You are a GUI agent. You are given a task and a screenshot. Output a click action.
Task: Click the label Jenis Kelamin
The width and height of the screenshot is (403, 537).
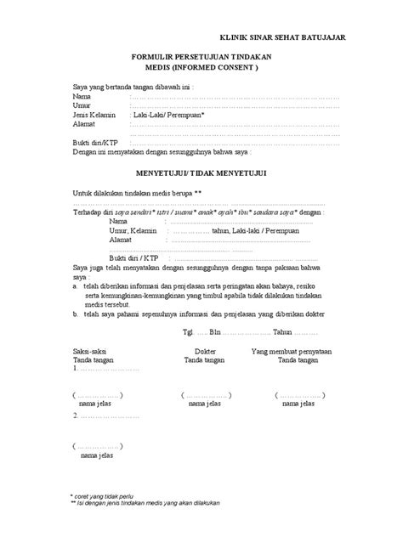click(94, 113)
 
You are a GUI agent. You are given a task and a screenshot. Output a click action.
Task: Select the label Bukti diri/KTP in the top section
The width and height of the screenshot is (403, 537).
click(91, 142)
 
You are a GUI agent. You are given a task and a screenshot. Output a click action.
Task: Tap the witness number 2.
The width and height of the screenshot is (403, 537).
click(75, 415)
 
